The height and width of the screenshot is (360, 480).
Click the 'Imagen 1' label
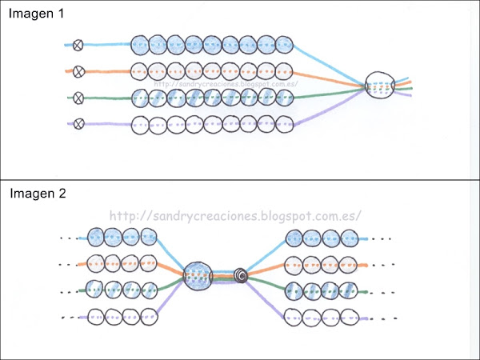[x=37, y=14]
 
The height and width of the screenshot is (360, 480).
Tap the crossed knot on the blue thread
[x=78, y=45]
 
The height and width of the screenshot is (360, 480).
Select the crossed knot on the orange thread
[x=78, y=72]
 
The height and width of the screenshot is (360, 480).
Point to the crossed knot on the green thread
[x=78, y=98]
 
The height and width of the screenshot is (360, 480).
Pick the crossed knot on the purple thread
[x=78, y=124]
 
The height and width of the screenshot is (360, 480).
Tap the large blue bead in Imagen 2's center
[x=197, y=276]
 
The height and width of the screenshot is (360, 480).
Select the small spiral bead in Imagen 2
[x=241, y=276]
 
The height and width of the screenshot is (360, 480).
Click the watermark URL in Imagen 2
[x=234, y=216]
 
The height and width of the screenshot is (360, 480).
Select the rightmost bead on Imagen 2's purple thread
[x=349, y=316]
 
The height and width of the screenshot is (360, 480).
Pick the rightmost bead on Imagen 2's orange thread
[x=349, y=263]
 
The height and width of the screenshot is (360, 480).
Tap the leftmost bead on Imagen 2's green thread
[x=95, y=290]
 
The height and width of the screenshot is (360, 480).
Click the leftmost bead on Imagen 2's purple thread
[x=95, y=316]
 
